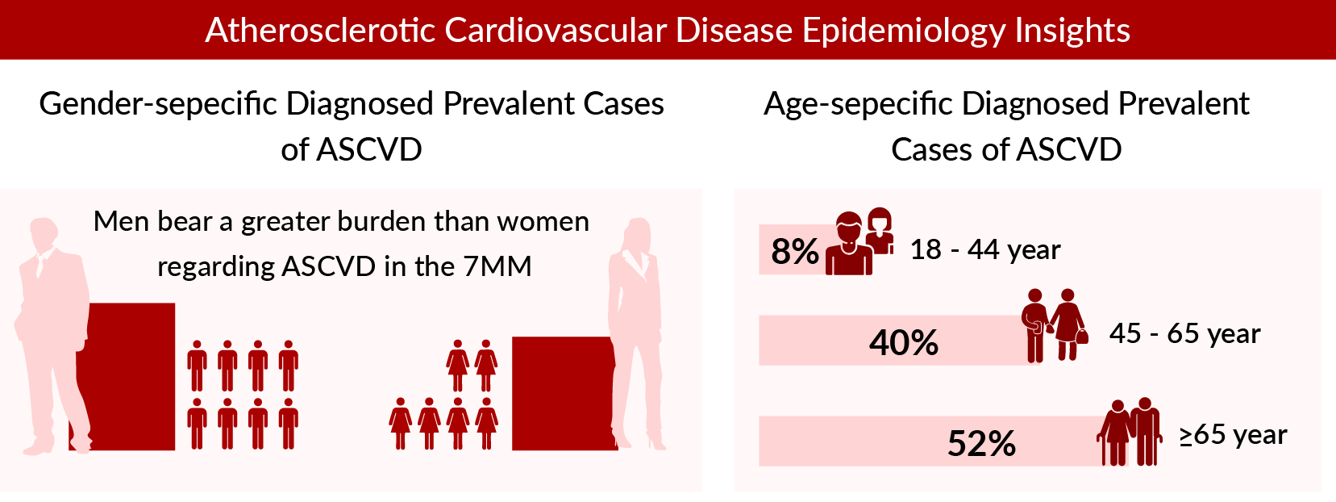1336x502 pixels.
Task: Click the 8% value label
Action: [794, 251]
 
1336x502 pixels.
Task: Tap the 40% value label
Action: [903, 343]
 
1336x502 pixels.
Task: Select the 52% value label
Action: [981, 444]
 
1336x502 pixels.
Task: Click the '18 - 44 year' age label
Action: [984, 250]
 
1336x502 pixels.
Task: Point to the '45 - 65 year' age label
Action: [1184, 333]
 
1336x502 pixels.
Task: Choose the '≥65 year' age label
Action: [1233, 435]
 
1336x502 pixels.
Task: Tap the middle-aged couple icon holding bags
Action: [1055, 325]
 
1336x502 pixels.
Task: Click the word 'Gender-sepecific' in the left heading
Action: [157, 104]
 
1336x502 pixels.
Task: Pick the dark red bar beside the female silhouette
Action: [560, 393]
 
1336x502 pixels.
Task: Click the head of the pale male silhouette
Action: [49, 235]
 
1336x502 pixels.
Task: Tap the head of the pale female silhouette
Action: [639, 235]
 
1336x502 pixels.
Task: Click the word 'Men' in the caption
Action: [121, 221]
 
